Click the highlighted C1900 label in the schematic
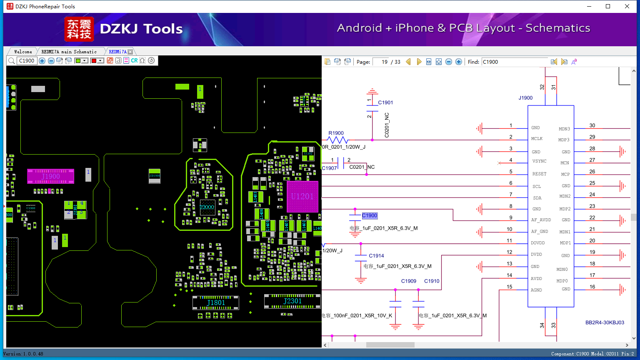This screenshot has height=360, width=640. (370, 215)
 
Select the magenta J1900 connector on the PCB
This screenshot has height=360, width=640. (50, 176)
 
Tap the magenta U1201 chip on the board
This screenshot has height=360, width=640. (302, 196)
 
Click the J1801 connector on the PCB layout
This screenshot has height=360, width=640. (216, 302)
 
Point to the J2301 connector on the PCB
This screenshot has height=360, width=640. (292, 301)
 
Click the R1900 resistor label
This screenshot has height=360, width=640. (336, 133)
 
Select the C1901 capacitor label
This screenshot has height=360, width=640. (385, 102)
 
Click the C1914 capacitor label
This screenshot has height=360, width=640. (376, 256)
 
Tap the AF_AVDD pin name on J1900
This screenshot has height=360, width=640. (541, 220)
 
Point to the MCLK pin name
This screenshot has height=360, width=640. (537, 139)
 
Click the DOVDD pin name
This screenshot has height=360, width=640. (537, 243)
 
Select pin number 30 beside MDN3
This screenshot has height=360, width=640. (592, 125)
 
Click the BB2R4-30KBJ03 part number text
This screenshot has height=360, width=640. (605, 322)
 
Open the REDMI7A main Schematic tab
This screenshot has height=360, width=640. (69, 52)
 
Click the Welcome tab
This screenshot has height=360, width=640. (23, 52)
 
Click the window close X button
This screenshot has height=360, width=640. (627, 6)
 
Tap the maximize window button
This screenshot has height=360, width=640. (608, 6)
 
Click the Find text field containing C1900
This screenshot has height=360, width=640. (514, 62)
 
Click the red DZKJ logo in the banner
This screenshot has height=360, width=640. (79, 29)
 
